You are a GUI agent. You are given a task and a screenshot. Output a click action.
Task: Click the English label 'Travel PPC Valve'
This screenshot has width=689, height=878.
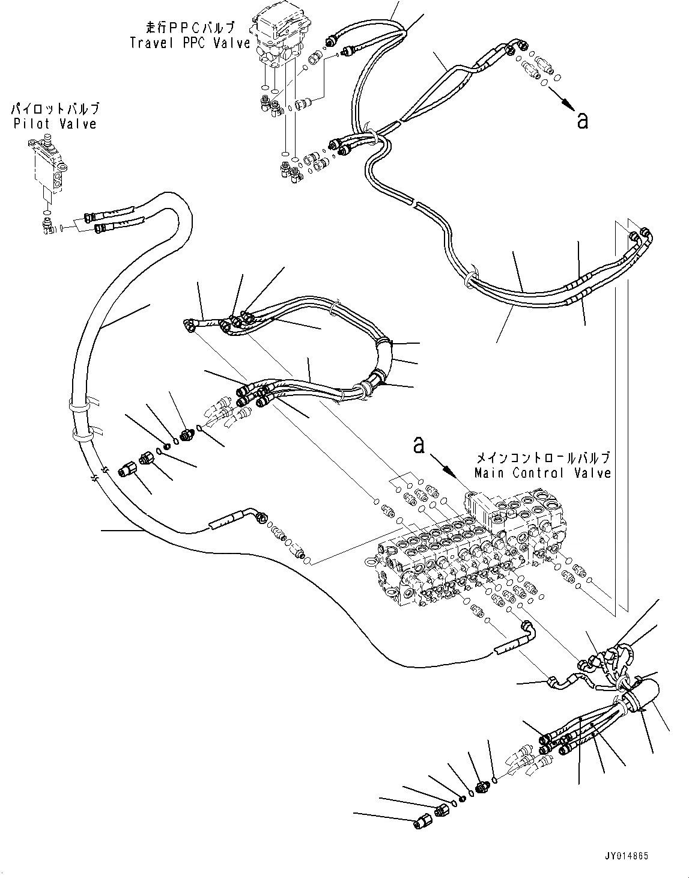click(190, 43)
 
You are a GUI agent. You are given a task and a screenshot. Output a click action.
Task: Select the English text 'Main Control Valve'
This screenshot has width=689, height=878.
click(542, 473)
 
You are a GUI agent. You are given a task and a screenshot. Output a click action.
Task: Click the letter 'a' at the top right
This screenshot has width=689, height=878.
click(581, 120)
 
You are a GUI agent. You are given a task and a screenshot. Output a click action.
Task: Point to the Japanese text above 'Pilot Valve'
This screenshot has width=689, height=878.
click(55, 109)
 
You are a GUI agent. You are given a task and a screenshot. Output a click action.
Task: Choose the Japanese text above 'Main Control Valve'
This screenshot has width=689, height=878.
click(542, 458)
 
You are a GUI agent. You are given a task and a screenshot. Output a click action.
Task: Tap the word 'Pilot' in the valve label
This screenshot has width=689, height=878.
click(30, 124)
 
